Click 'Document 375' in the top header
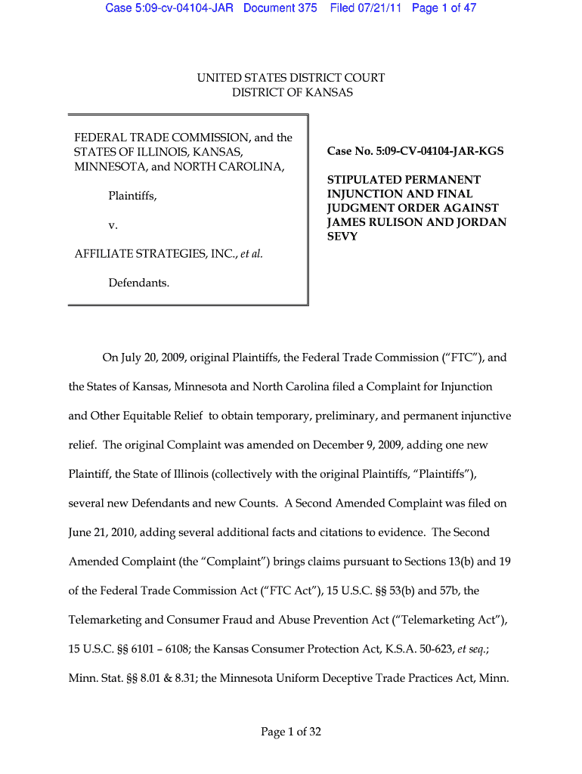point(280,8)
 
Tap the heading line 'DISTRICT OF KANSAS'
point(292,93)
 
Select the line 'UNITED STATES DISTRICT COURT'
point(291,78)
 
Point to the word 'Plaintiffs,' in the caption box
point(132,197)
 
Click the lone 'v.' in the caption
point(113,225)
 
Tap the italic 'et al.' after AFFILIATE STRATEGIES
point(251,254)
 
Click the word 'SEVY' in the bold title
point(342,237)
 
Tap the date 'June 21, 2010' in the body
point(102,532)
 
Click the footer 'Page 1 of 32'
point(291,731)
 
